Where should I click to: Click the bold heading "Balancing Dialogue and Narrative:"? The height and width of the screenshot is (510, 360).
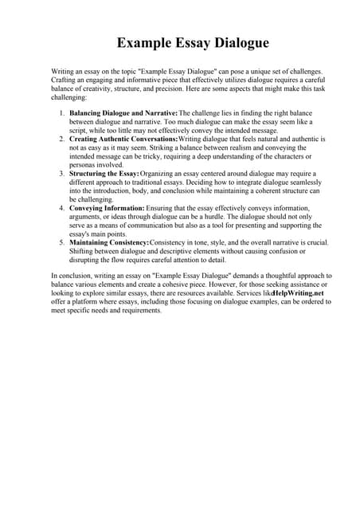pyautogui.click(x=123, y=113)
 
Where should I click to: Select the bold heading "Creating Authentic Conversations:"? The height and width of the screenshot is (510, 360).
pyautogui.click(x=123, y=139)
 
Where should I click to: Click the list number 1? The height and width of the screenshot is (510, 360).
pyautogui.click(x=61, y=113)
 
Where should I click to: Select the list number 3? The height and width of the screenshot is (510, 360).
pyautogui.click(x=61, y=174)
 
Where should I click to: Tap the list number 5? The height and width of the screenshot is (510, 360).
pyautogui.click(x=61, y=242)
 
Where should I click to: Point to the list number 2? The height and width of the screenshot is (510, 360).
pyautogui.click(x=61, y=139)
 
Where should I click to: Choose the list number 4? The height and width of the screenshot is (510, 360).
pyautogui.click(x=61, y=208)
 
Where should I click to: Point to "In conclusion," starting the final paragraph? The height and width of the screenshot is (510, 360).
pyautogui.click(x=72, y=276)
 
